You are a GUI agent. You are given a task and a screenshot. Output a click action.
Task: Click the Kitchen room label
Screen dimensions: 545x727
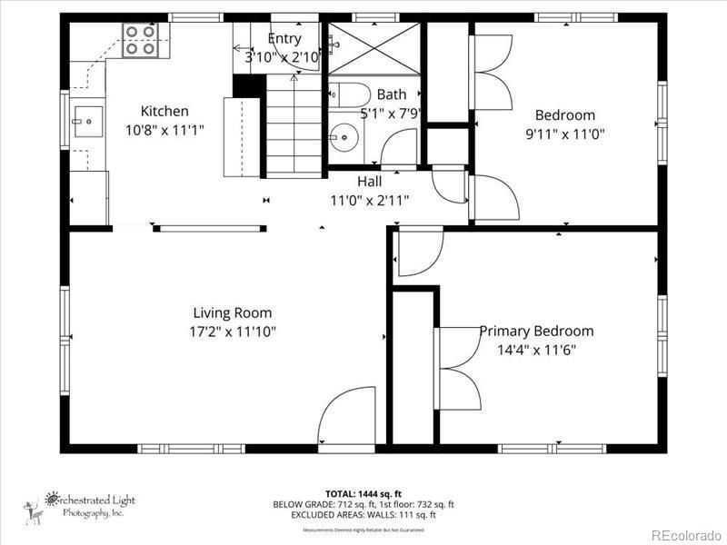point(164,112)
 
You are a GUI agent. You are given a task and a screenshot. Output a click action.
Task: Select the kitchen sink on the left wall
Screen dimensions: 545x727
point(89,118)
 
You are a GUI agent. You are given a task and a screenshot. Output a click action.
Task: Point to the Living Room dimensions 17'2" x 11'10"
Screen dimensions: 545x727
point(233,332)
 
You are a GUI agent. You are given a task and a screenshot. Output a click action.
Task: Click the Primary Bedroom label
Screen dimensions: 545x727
point(536,332)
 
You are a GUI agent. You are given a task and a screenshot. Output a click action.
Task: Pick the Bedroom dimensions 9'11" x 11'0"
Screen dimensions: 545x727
point(564,133)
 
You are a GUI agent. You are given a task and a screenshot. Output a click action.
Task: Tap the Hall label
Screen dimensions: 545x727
point(369,181)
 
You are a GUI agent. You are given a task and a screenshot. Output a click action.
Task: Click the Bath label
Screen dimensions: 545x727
point(392,94)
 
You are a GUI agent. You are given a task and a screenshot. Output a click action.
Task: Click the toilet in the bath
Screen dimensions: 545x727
point(346,94)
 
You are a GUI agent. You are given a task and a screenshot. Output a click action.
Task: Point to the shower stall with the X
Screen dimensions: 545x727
point(374,47)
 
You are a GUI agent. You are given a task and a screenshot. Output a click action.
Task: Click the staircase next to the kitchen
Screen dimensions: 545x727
point(294,127)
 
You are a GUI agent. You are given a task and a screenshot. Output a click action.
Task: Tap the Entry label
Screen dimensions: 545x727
point(284,39)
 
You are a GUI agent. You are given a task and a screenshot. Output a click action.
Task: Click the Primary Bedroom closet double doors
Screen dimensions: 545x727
point(460,369)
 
